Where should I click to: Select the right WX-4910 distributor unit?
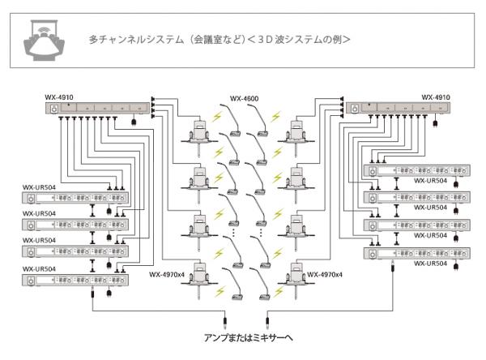point(394,109)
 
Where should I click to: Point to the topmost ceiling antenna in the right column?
point(292,132)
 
